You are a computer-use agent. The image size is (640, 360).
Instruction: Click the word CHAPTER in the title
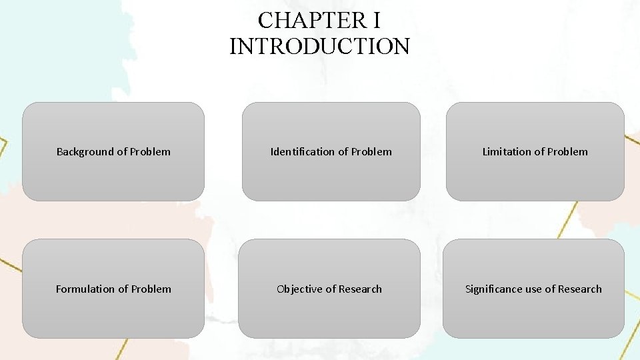point(310,21)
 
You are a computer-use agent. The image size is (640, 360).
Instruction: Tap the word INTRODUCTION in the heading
point(319,47)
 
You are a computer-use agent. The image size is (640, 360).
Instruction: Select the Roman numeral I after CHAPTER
point(377,21)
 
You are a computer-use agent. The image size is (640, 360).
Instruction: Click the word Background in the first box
point(85,152)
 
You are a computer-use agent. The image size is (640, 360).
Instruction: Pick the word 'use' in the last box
point(534,289)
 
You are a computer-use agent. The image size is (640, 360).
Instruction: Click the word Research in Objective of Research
point(360,289)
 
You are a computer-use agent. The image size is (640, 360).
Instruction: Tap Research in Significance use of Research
point(580,289)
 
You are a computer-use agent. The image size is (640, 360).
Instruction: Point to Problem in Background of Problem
point(150,152)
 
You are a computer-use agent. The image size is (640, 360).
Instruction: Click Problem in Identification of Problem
point(371,152)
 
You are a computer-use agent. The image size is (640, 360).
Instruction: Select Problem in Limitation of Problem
point(567,152)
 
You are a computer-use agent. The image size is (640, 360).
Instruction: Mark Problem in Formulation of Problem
point(151,289)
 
